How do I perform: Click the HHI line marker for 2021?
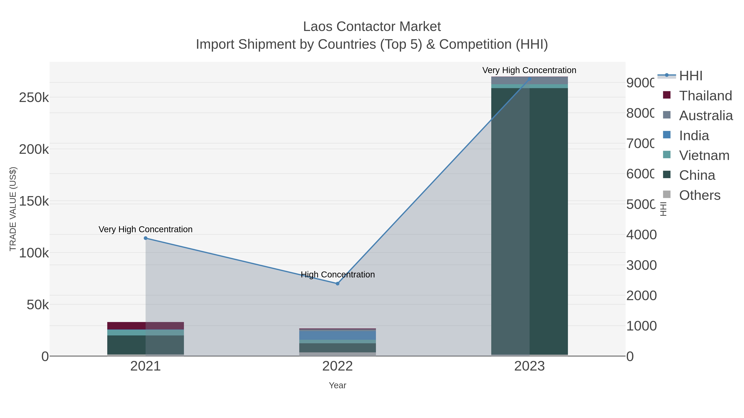145,238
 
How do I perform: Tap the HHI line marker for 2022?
337,284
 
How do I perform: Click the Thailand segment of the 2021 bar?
145,326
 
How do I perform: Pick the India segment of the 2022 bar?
337,335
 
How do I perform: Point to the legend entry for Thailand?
705,96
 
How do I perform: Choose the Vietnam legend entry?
704,155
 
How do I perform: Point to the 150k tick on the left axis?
34,201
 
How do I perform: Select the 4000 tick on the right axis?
641,234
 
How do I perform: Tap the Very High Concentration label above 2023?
529,70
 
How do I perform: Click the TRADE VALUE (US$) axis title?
13,209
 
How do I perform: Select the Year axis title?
337,385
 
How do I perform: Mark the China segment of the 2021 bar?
145,345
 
